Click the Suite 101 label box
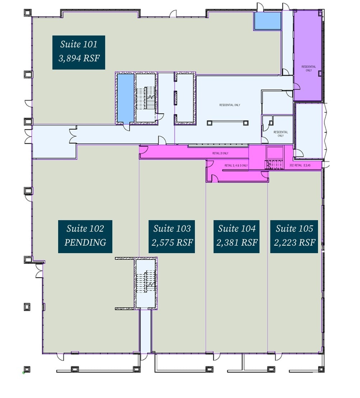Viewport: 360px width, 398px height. (x=79, y=52)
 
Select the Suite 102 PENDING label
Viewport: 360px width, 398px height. (x=85, y=236)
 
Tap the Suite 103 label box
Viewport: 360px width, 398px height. (x=172, y=236)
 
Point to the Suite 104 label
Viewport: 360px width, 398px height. (x=237, y=236)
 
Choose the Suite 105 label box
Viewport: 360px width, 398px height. (x=294, y=236)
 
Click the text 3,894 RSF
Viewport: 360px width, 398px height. (x=79, y=58)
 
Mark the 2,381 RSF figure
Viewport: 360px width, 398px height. (x=237, y=243)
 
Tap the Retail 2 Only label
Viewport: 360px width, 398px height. (x=220, y=153)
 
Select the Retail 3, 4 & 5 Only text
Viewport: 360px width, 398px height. (x=236, y=166)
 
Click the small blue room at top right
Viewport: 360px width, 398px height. (x=268, y=21)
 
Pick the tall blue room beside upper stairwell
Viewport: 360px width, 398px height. (x=125, y=98)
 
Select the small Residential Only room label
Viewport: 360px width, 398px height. (x=281, y=134)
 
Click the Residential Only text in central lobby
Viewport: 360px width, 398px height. (x=230, y=105)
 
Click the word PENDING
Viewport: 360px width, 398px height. (x=85, y=243)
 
